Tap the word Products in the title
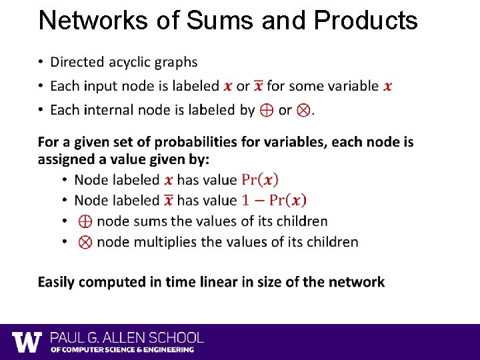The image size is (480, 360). coord(365,21)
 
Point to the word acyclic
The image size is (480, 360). coord(127,62)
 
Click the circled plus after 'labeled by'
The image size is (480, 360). coord(267,111)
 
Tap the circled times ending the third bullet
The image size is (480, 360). coord(303,111)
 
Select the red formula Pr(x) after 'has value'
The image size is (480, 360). coord(260,180)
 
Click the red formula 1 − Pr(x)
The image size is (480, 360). coord(274,200)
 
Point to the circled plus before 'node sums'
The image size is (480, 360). coord(85,221)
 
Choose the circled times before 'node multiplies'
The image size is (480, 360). coord(85,242)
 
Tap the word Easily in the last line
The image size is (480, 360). coord(59,282)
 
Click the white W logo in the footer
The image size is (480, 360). coord(27,342)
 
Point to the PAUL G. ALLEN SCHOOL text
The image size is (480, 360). coord(127,338)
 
